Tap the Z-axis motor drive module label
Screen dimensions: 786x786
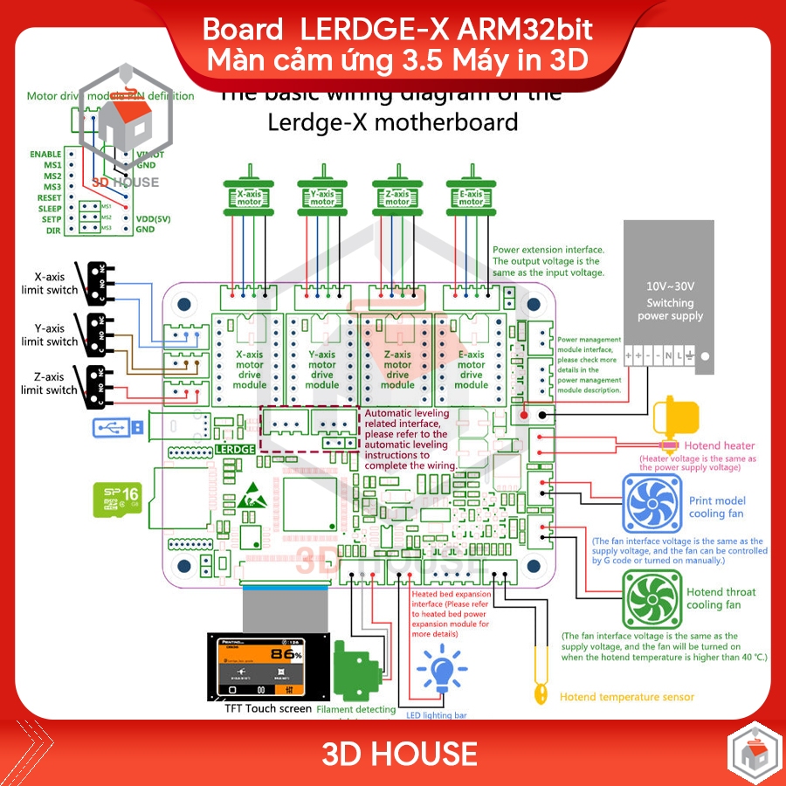pos(397,369)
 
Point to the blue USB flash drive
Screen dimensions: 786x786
pos(116,427)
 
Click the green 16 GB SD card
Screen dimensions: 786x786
pos(117,500)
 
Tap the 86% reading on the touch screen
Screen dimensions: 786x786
pos(286,652)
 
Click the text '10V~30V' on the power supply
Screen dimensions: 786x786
pos(670,286)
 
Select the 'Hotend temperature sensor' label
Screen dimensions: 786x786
pos(626,697)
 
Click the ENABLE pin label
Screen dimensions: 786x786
pos(45,154)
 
